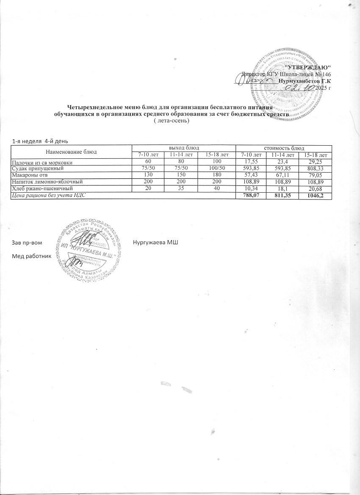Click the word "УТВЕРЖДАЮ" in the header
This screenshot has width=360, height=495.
coord(308,67)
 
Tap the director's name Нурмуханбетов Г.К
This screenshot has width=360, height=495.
coord(305,80)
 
